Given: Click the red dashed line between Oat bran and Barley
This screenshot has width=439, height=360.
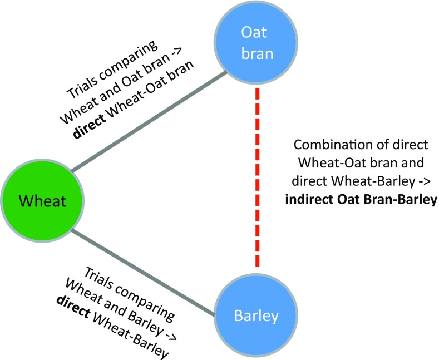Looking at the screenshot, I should [x=258, y=178].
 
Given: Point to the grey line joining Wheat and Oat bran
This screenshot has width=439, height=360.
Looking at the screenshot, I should [x=150, y=122].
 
